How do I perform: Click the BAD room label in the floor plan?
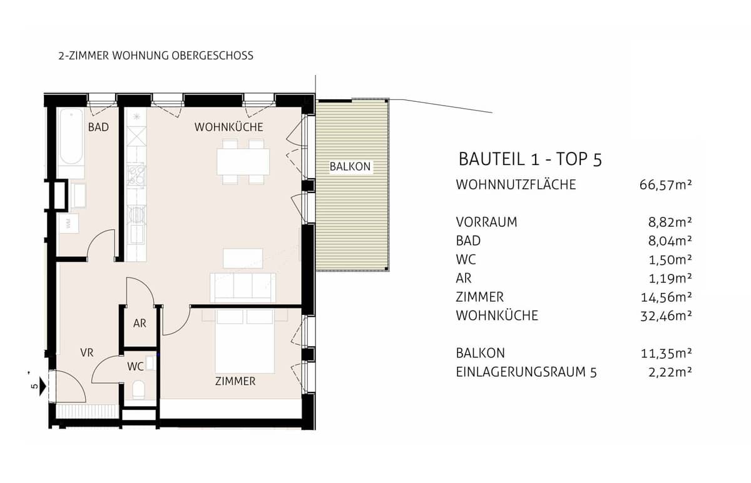pos(98,127)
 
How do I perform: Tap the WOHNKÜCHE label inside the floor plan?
pos(228,127)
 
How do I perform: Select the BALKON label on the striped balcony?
pos(350,167)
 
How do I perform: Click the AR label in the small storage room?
pos(140,324)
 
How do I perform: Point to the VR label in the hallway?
pos(87,353)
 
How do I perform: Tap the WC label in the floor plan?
pos(135,367)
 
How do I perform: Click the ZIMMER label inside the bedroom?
pos(235,381)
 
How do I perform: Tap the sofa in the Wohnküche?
pos(243,287)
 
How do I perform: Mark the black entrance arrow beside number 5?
pos(42,384)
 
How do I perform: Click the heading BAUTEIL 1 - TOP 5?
pos(530,159)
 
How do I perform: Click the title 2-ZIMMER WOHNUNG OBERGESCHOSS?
pos(156,56)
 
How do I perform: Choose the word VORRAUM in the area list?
pos(487,222)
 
